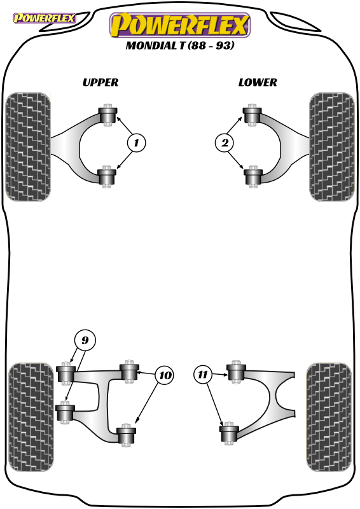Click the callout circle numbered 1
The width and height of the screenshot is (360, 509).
pyautogui.click(x=137, y=143)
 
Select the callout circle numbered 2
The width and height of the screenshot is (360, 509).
pyautogui.click(x=225, y=143)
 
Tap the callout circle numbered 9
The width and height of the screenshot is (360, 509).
pyautogui.click(x=85, y=340)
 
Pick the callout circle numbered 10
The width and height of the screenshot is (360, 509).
pyautogui.click(x=165, y=375)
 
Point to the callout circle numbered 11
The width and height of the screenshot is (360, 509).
pyautogui.click(x=203, y=374)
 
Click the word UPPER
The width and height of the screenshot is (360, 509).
pyautogui.click(x=100, y=83)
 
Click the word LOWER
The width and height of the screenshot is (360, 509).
pyautogui.click(x=258, y=83)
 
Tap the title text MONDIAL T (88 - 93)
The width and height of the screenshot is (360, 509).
pyautogui.click(x=180, y=45)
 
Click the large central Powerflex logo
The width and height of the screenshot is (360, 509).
pyautogui.click(x=180, y=25)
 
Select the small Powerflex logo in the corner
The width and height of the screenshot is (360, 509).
pyautogui.click(x=45, y=18)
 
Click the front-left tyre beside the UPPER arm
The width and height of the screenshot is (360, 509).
pyautogui.click(x=28, y=147)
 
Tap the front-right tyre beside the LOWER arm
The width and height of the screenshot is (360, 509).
pyautogui.click(x=332, y=147)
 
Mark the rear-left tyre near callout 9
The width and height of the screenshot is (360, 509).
pyautogui.click(x=31, y=417)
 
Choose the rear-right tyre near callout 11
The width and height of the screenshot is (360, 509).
pyautogui.click(x=329, y=417)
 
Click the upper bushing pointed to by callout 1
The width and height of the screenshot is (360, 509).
pyautogui.click(x=107, y=115)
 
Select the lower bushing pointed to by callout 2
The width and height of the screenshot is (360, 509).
pyautogui.click(x=253, y=176)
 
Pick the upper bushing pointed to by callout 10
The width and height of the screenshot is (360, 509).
pyautogui.click(x=129, y=372)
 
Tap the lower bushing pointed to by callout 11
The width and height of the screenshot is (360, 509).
pyautogui.click(x=229, y=433)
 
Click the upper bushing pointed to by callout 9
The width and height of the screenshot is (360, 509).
pyautogui.click(x=66, y=373)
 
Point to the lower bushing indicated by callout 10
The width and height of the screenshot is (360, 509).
pyautogui.click(x=127, y=435)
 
